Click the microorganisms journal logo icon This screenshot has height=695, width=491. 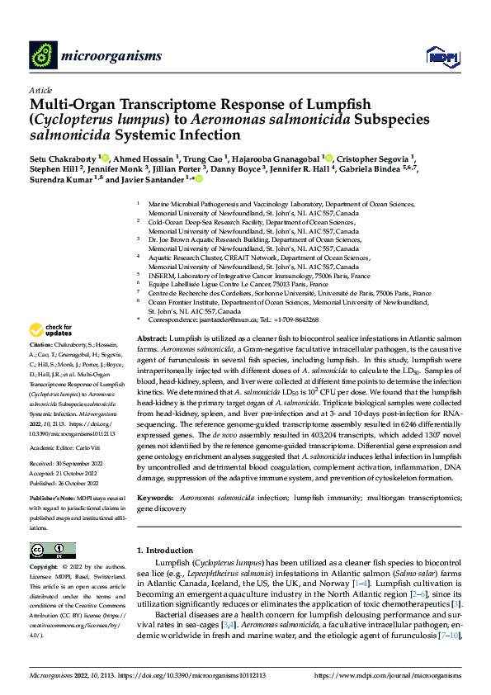(x=45, y=56)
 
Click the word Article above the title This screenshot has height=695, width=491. (x=40, y=89)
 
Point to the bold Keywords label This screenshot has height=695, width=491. (x=154, y=499)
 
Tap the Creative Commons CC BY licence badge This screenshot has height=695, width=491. (x=53, y=550)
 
